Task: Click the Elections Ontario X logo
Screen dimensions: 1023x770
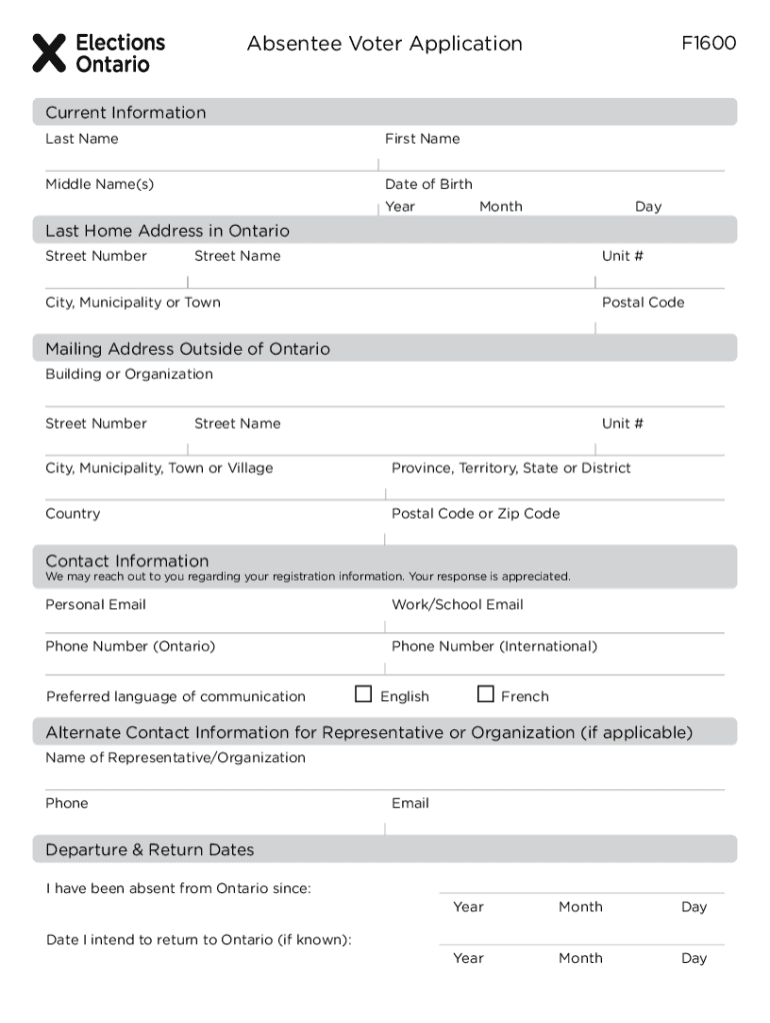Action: tap(49, 53)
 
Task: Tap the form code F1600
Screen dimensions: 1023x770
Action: tap(709, 44)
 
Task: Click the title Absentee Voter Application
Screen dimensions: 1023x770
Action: tap(384, 44)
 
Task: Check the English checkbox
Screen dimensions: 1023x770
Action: tap(364, 694)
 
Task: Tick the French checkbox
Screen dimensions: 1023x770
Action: tap(486, 694)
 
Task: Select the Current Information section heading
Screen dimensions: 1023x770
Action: tap(125, 113)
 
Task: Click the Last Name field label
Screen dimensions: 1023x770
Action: tap(81, 139)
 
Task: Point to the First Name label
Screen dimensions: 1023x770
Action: tap(422, 139)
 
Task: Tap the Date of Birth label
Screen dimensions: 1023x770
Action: tap(428, 184)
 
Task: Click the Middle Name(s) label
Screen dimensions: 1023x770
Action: tap(99, 184)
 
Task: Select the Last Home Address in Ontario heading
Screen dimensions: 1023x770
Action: tap(167, 231)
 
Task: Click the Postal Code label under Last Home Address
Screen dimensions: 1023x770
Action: tap(642, 303)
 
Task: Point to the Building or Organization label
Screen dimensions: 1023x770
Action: tap(129, 375)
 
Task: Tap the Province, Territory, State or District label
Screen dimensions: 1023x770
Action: tap(511, 469)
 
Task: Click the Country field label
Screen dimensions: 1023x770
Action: tap(72, 513)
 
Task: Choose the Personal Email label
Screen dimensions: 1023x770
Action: tap(95, 604)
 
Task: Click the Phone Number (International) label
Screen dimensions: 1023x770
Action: tap(494, 646)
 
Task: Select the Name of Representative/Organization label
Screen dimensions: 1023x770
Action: tap(175, 758)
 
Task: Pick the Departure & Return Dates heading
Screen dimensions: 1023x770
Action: tap(150, 850)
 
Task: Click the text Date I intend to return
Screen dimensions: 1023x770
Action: tap(198, 940)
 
